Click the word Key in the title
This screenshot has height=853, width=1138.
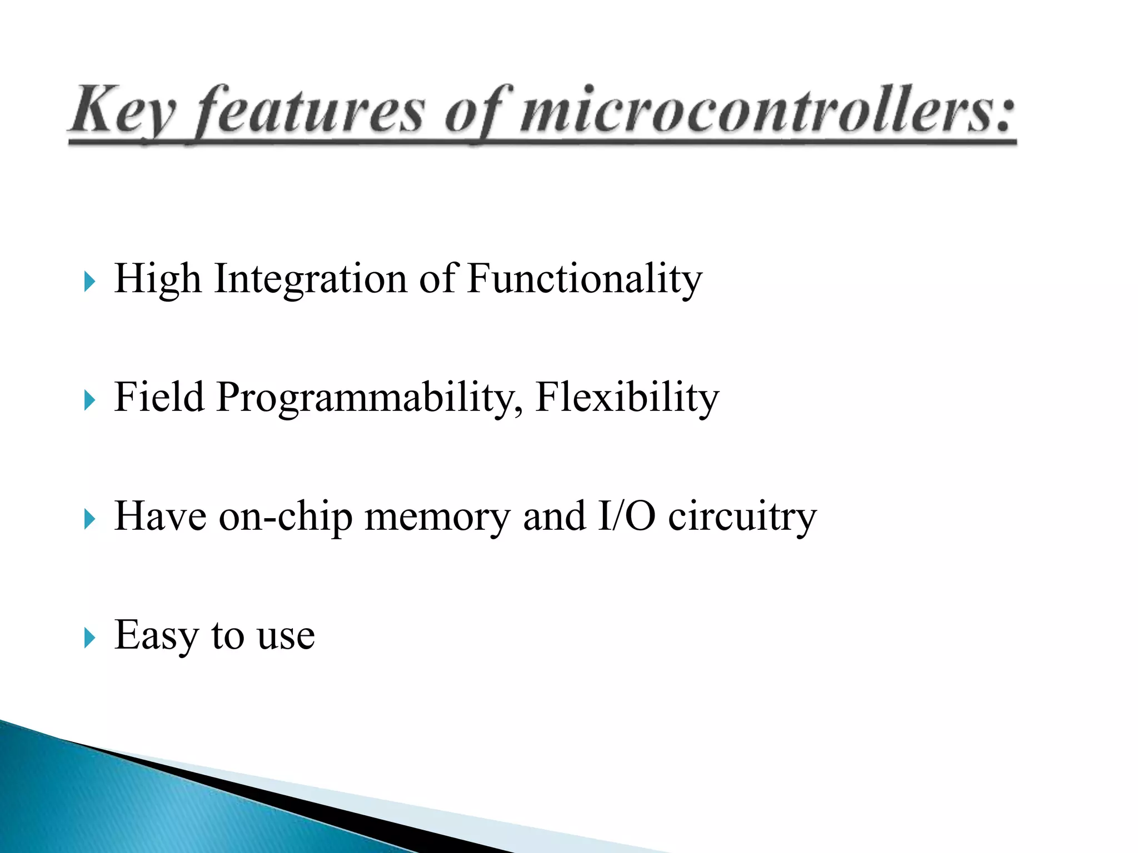tap(123, 111)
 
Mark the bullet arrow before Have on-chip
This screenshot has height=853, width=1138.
tap(89, 519)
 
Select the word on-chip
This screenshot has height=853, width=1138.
tap(286, 517)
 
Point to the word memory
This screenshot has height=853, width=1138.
tap(437, 517)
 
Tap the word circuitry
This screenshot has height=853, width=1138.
tap(742, 517)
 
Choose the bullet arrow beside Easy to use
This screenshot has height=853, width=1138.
tap(89, 638)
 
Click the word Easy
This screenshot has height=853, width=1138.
tap(156, 635)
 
